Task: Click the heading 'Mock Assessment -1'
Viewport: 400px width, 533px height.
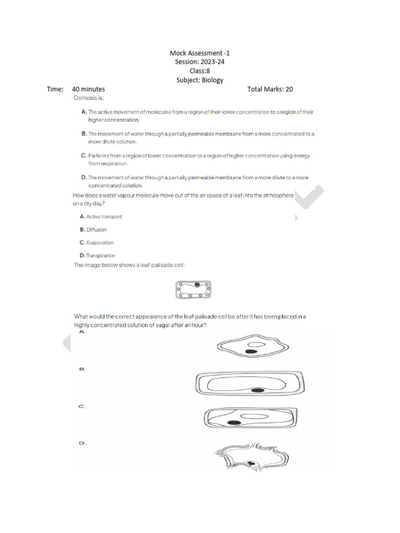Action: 200,53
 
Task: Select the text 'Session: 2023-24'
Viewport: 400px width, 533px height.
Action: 200,62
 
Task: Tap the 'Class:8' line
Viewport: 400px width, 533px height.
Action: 200,71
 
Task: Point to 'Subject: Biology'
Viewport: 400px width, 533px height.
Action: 200,80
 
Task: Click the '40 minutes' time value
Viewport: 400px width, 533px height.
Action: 89,89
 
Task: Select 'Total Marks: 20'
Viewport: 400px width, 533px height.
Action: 270,89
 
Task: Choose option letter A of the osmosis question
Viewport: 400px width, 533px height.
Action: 83,112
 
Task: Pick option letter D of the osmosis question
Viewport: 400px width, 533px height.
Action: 83,177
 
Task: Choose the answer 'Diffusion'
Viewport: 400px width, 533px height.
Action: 96,230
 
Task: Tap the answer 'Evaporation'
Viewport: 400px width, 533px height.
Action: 99,243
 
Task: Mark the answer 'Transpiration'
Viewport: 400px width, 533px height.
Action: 101,256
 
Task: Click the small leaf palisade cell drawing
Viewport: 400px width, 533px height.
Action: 193,290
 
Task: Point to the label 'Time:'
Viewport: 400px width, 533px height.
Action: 55,89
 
